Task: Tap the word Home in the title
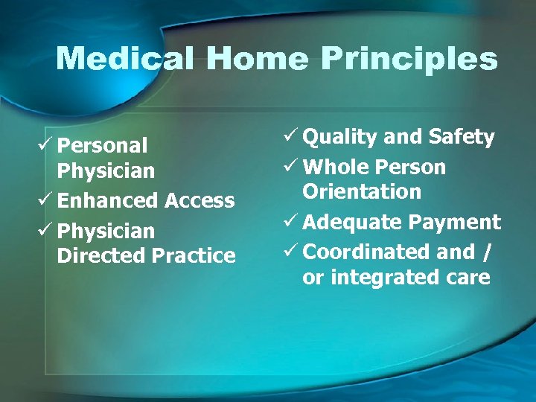[x=252, y=59]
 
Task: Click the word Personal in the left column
[x=102, y=146]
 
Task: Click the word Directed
[x=101, y=256]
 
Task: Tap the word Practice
[x=194, y=256]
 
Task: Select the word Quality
[x=340, y=138]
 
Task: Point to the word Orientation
[x=362, y=192]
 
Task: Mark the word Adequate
[x=348, y=223]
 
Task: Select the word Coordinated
[x=367, y=252]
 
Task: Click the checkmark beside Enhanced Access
[x=48, y=200]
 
